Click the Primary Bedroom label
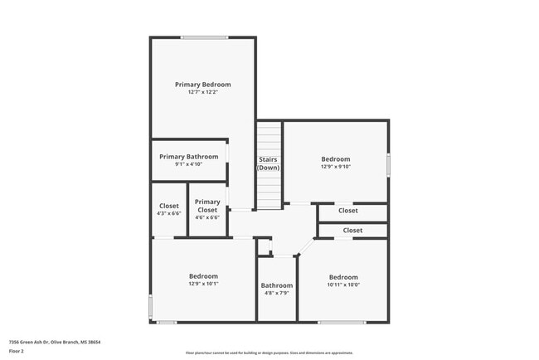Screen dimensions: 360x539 pos(202,85)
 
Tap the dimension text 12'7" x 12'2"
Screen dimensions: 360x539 pos(202,92)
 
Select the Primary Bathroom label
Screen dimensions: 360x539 pos(189,157)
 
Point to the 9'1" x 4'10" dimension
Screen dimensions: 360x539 pos(189,164)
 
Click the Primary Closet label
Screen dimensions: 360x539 pos(207,206)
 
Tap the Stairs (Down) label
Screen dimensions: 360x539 pos(268,163)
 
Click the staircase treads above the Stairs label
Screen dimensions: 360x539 pos(268,138)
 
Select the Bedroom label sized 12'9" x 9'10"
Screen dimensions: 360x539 pos(336,159)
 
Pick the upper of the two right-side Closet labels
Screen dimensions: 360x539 pos(348,211)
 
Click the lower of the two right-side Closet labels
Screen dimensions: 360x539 pos(352,230)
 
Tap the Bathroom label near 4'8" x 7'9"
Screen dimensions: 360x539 pos(277,285)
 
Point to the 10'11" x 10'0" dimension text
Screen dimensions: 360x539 pos(343,285)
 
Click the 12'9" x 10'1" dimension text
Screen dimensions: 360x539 pos(203,284)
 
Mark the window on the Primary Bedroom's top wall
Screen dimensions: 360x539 pos(205,37)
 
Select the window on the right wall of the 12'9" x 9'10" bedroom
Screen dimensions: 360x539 pos(388,163)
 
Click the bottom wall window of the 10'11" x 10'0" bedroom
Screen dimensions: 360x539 pos(341,322)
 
